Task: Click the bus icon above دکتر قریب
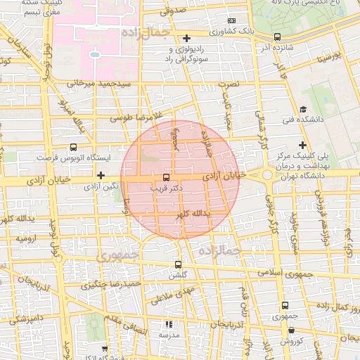166,177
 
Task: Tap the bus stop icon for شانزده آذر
277,37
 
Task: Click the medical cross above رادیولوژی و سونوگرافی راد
186,38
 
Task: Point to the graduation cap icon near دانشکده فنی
302,109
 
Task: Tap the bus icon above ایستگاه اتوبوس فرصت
74,148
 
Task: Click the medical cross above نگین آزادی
101,175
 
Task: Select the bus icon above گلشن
178,265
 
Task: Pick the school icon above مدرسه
168,324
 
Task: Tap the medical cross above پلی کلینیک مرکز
302,144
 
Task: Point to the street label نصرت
229,84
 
